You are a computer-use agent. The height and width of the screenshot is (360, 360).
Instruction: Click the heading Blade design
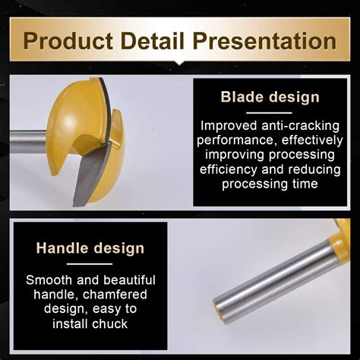pyautogui.click(x=270, y=97)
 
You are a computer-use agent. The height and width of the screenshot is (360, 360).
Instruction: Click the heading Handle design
pyautogui.click(x=90, y=248)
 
